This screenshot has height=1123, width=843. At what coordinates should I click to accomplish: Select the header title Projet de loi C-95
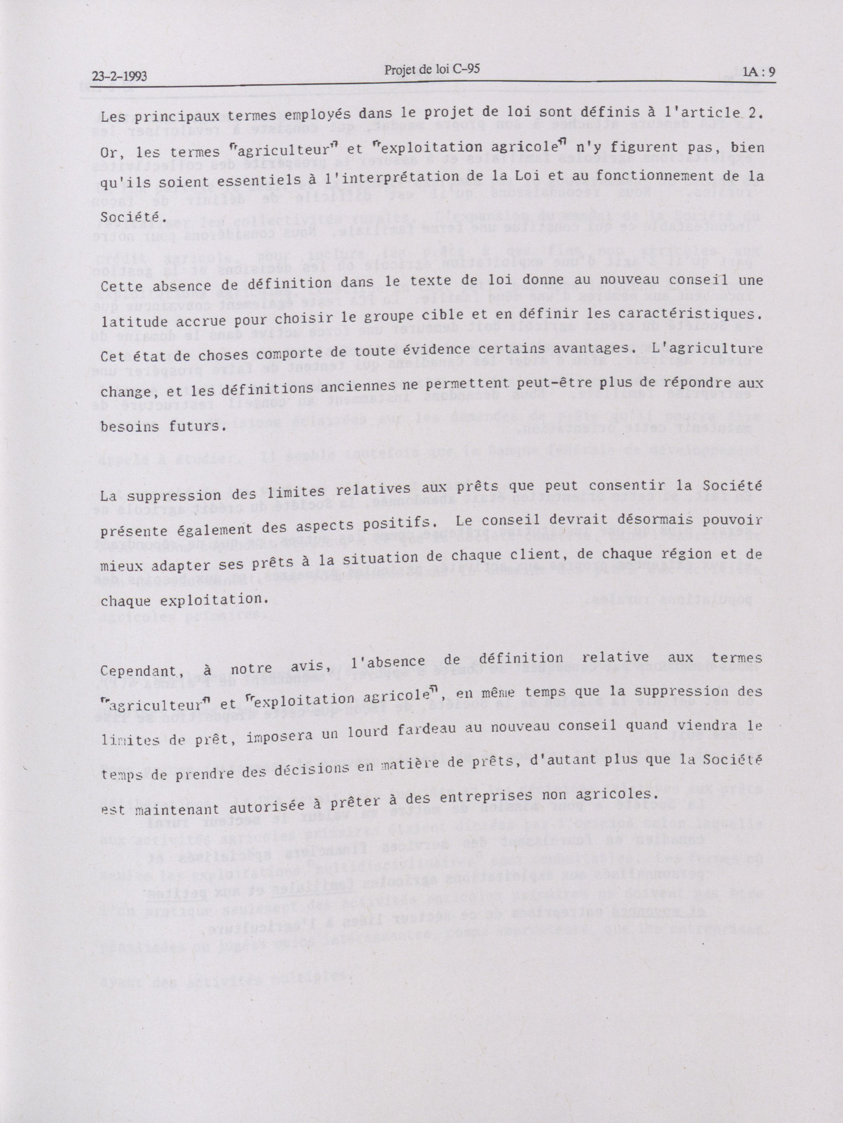click(x=431, y=70)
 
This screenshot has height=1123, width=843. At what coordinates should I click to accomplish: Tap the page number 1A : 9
click(x=759, y=72)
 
